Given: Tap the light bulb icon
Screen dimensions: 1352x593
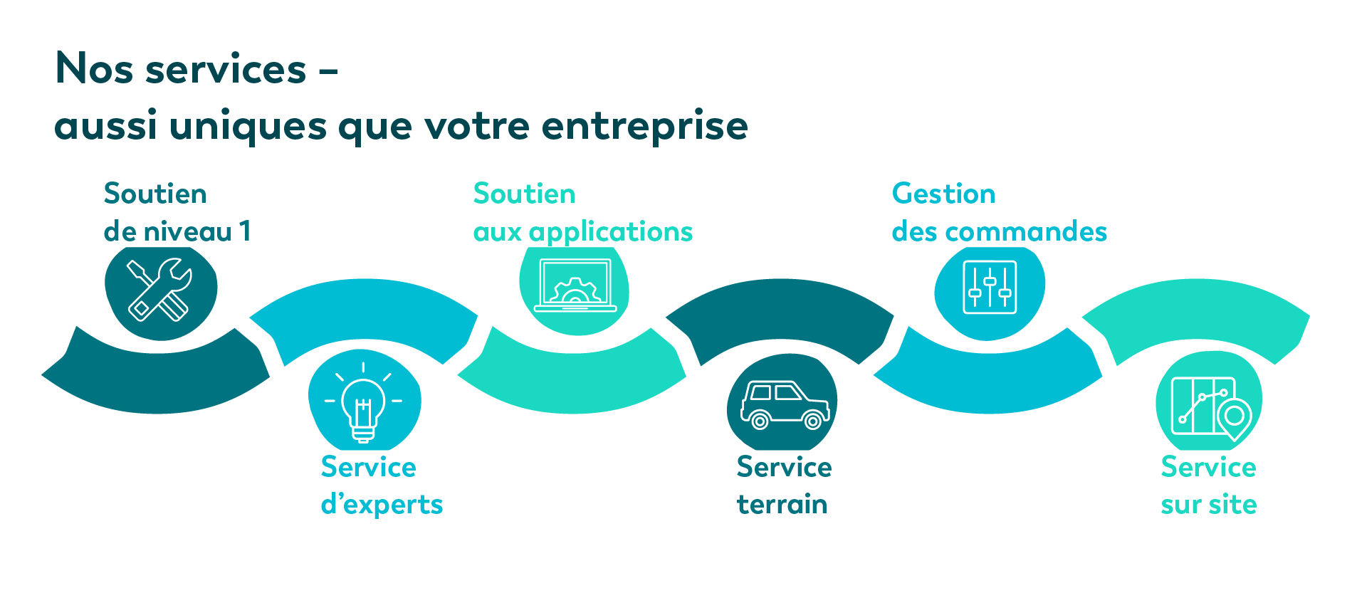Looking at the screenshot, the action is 363,402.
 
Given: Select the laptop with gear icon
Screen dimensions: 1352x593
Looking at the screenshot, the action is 575,285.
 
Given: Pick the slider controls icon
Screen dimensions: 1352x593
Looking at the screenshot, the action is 990,288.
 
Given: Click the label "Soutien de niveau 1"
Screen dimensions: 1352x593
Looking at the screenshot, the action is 177,212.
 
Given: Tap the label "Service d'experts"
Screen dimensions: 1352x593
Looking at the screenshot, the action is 382,486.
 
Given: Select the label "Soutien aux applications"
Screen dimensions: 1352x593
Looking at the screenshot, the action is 583,212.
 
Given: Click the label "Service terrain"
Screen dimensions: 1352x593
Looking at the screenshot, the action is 784,486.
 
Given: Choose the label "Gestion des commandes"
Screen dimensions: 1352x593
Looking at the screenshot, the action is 1000,212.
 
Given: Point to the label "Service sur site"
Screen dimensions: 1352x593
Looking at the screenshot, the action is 1209,486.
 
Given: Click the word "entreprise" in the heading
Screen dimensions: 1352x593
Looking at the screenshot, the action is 645,127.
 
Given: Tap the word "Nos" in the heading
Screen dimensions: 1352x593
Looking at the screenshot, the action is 95,69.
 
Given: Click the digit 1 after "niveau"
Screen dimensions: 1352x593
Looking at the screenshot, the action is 245,231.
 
